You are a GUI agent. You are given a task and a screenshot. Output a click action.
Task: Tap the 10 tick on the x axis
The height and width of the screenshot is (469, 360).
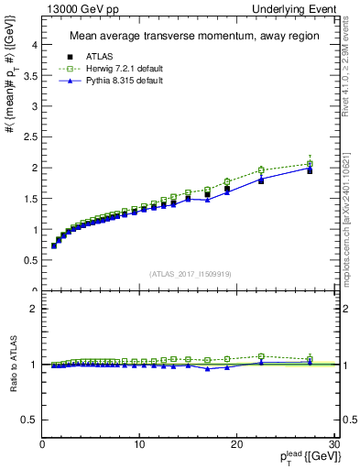coord(139,445)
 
